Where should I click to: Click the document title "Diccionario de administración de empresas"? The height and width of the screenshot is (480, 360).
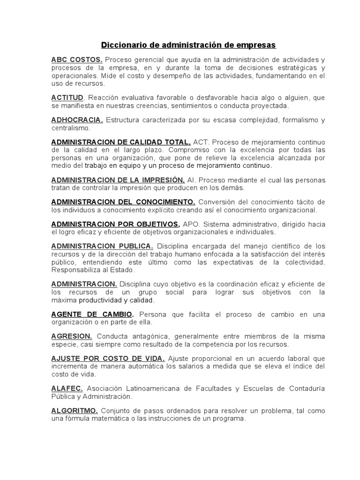pos(189,45)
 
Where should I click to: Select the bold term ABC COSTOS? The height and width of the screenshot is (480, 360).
pos(77,60)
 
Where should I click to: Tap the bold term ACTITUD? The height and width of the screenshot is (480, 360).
pos(67,97)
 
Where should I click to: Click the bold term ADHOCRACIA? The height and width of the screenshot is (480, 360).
pos(77,120)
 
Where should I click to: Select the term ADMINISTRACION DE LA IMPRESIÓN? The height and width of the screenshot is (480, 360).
pos(118,180)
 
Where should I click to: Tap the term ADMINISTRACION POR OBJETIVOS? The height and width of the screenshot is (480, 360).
pos(115,224)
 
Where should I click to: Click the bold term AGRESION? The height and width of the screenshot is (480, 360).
pos(72,337)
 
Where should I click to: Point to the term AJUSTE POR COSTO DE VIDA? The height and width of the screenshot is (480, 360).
pos(108,359)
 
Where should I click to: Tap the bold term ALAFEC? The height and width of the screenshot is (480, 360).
pos(67,389)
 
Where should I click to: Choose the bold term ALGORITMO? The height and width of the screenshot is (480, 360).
pos(75,411)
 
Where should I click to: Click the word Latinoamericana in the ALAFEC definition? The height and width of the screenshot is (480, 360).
pos(157,389)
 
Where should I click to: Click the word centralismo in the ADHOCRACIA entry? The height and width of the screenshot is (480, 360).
pos(70,127)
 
